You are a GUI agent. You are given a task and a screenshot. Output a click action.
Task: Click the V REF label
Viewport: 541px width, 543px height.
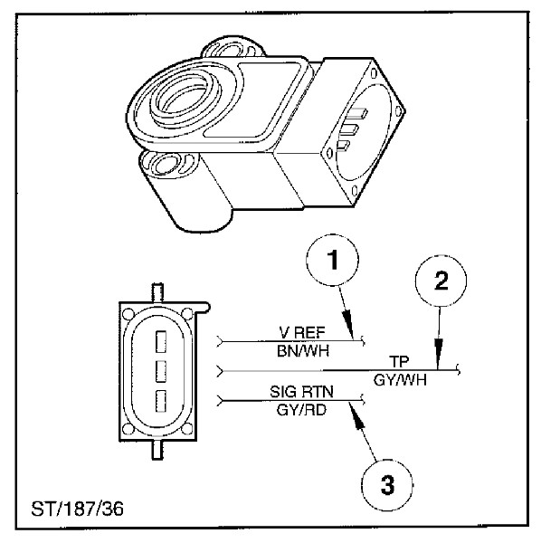[296, 332]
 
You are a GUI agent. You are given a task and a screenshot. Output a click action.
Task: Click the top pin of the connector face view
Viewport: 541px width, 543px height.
[159, 341]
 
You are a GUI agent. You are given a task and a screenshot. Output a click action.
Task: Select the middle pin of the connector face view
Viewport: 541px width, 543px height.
[159, 370]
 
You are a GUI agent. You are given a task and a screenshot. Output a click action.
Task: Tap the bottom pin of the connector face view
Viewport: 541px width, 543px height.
[159, 399]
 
